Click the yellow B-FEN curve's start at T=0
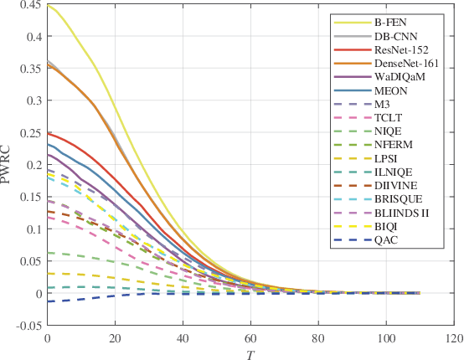[x=48, y=6]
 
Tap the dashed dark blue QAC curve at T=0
[x=48, y=301]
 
